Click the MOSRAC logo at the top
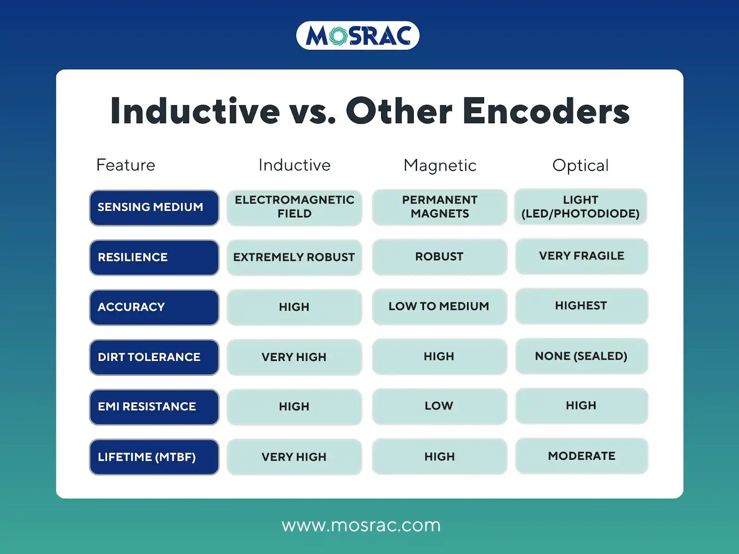[357, 36]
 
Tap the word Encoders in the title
[546, 111]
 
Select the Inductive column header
[294, 165]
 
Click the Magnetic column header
[440, 165]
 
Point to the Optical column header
[581, 165]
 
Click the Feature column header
[126, 165]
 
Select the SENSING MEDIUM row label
[154, 207]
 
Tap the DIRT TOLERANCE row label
[154, 357]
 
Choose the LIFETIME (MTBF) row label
[154, 457]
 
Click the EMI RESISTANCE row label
[154, 407]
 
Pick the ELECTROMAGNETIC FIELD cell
[294, 207]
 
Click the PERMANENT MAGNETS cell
[440, 207]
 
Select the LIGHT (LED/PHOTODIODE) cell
[581, 207]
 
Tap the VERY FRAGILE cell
[582, 256]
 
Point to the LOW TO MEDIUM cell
[439, 307]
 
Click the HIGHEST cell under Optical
[581, 306]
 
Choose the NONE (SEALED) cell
[581, 356]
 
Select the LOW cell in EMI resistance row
[439, 406]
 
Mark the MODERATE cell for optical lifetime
[582, 456]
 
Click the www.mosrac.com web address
[361, 525]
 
